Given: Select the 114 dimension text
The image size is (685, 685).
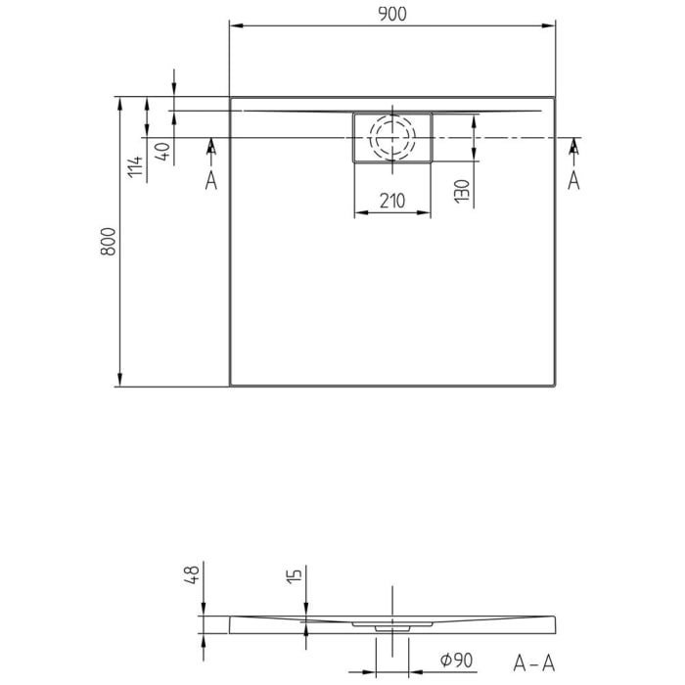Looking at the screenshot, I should point(136,166).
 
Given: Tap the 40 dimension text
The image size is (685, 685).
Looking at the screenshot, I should point(162,152).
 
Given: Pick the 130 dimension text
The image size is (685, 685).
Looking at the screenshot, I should point(462,189).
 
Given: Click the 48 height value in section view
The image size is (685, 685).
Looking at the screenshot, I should point(193,573).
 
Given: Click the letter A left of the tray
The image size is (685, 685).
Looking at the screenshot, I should point(211,180).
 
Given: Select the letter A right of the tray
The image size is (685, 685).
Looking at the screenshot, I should point(573,180).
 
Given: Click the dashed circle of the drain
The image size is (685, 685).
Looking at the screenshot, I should point(391,138).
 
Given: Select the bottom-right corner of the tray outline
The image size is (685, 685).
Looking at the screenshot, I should point(555,386).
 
